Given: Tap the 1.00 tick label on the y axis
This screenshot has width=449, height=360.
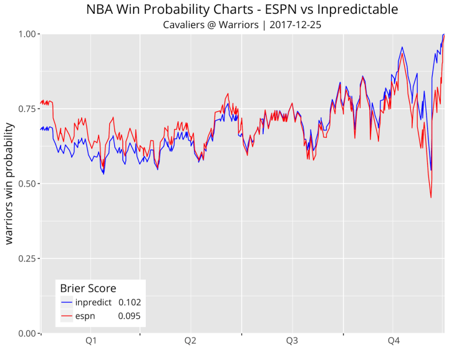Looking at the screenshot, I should [x=27, y=34].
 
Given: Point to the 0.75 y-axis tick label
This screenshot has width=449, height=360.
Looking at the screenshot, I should [x=27, y=109].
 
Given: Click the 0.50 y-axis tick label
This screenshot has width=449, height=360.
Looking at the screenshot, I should [x=27, y=183].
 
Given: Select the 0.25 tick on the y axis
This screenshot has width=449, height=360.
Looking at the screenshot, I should [x=27, y=258].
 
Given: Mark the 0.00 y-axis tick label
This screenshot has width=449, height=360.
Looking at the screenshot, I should [x=27, y=333].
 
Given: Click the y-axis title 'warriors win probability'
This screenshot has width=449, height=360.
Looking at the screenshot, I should [x=10, y=183].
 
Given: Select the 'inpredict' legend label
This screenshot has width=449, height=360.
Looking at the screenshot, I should [x=93, y=303].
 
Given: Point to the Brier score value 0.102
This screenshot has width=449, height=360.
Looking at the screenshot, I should [x=130, y=303].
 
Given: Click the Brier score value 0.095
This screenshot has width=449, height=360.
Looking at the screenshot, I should [x=130, y=316].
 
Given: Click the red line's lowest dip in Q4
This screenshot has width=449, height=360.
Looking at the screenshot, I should [x=431, y=197].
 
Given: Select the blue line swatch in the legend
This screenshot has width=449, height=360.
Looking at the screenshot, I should [x=67, y=303].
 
